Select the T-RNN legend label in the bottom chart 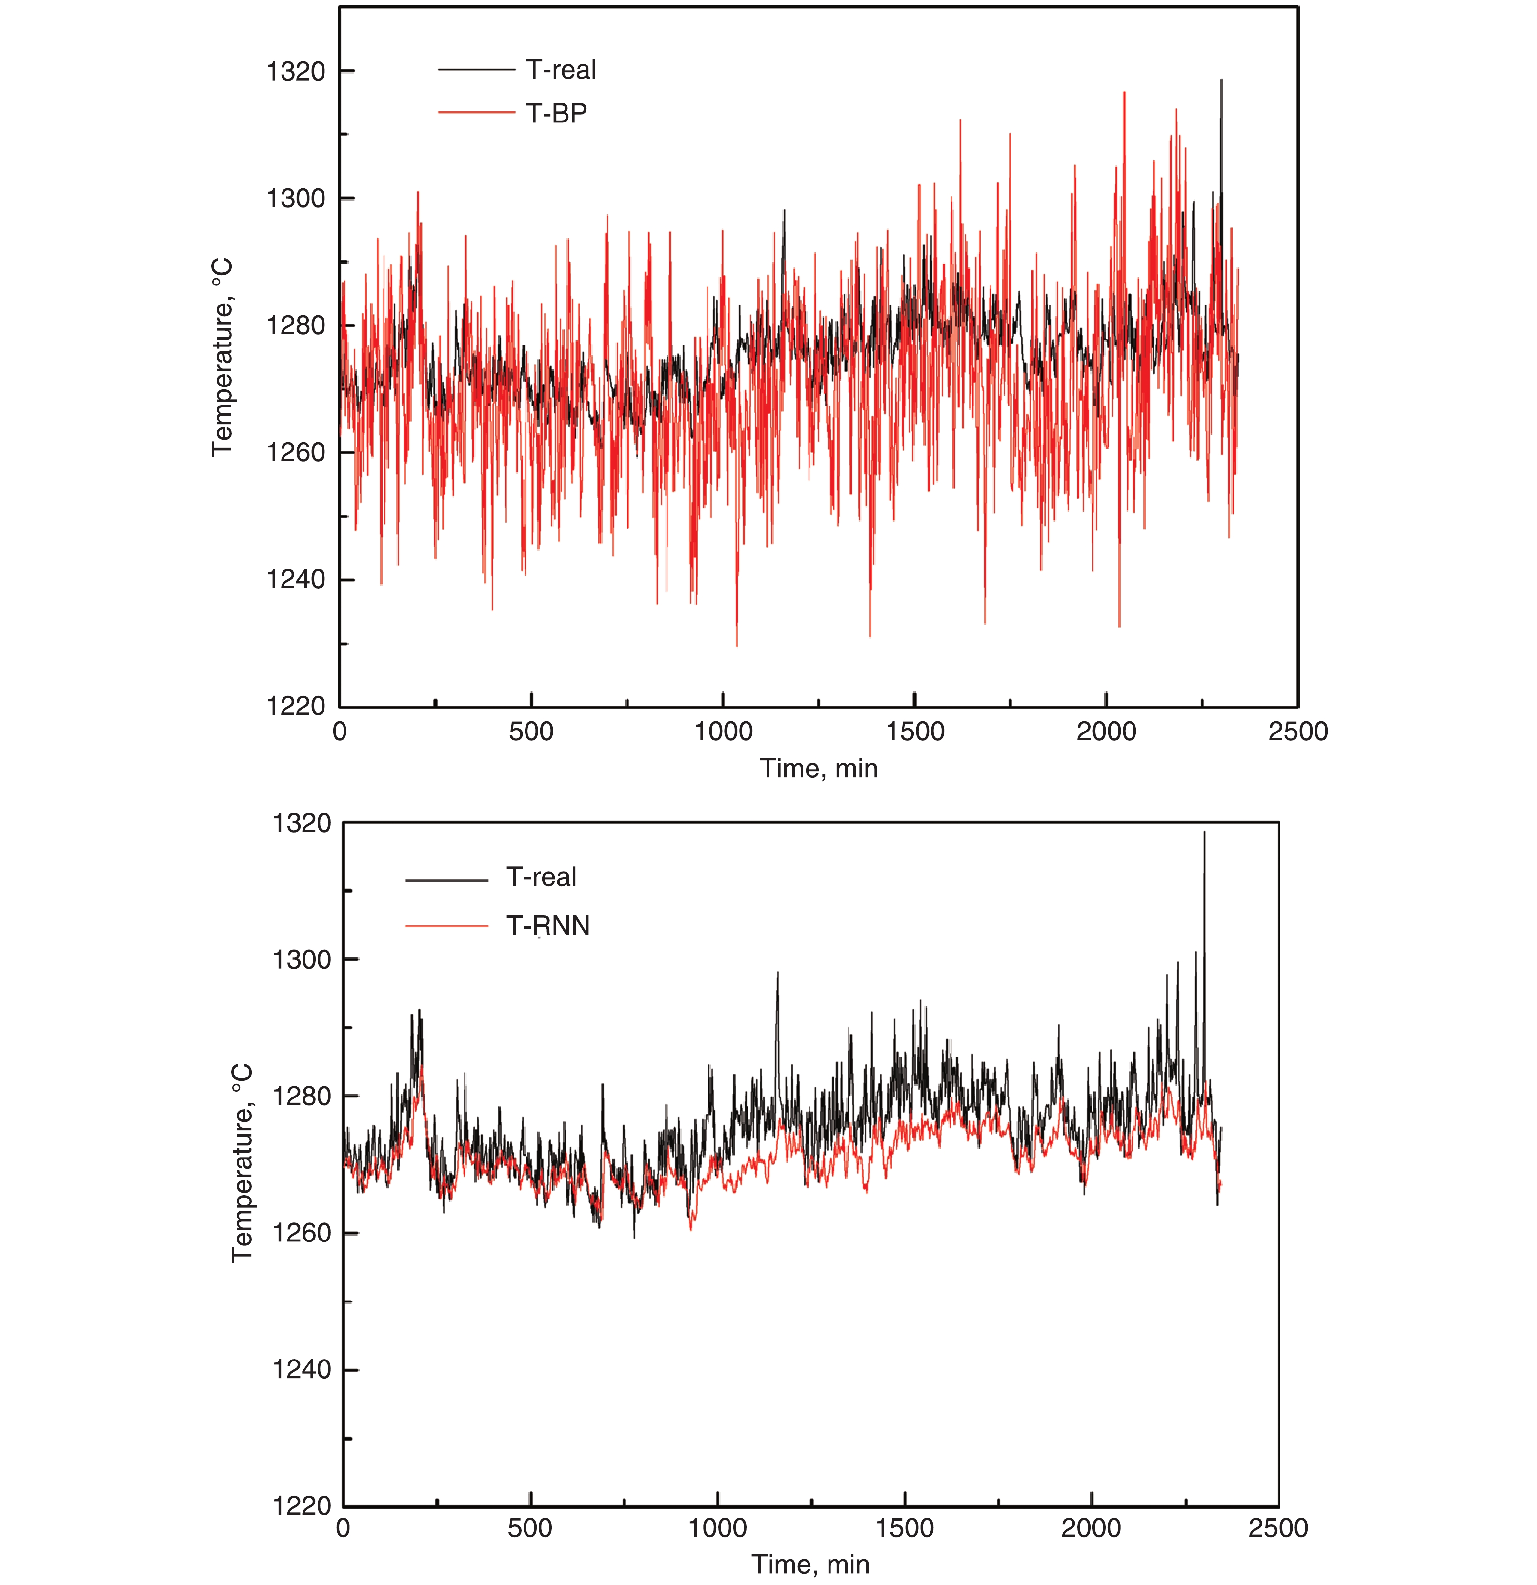(547, 925)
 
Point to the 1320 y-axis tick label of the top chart (296, 72)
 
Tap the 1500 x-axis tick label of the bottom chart (904, 1528)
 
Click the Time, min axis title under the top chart (818, 768)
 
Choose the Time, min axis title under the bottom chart (810, 1565)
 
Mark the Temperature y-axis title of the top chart (222, 357)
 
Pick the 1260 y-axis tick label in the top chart (296, 453)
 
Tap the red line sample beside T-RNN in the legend (446, 925)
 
